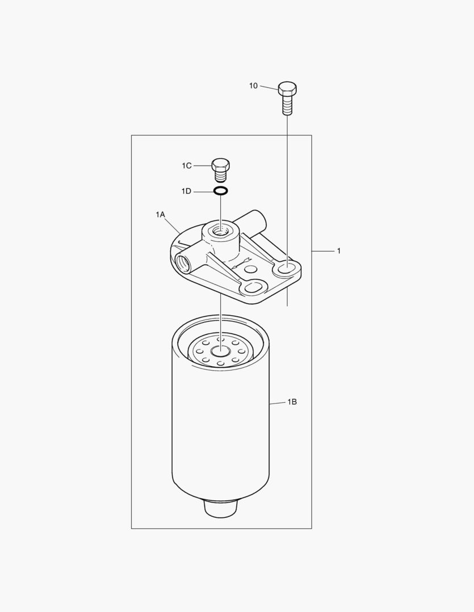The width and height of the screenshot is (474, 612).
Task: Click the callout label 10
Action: pos(253,86)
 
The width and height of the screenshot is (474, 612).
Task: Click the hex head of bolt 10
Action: pos(287,88)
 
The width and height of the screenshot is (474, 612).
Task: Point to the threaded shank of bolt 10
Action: pos(287,105)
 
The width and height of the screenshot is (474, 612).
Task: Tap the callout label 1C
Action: pos(187,166)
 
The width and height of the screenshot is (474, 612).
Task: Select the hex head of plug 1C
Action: pos(220,165)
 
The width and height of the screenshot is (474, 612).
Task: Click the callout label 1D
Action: pos(186,192)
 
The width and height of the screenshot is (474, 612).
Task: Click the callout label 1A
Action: pos(160,214)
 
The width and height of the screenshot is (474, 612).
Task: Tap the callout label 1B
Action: pos(292,402)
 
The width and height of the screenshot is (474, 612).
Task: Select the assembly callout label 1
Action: pos(339,251)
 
